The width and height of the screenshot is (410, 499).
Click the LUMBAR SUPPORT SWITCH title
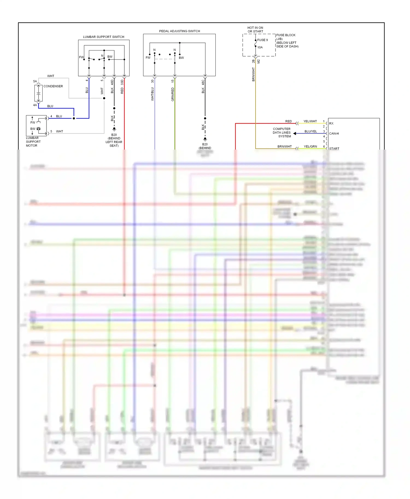click(103, 37)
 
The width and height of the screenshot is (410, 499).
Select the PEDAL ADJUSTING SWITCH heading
click(179, 31)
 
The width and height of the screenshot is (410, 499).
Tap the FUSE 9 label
click(262, 40)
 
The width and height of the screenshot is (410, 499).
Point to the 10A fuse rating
click(260, 47)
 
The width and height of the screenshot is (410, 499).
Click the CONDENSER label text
click(53, 86)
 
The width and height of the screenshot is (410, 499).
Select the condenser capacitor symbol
click(39, 93)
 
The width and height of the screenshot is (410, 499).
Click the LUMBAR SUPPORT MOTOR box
click(36, 126)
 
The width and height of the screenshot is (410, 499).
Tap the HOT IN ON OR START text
click(255, 29)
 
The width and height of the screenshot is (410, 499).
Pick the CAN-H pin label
click(334, 133)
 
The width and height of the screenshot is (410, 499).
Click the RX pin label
click(331, 123)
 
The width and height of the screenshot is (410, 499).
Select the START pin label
click(334, 148)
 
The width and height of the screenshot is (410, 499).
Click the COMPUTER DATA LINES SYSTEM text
click(282, 133)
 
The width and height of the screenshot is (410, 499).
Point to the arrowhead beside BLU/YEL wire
click(295, 133)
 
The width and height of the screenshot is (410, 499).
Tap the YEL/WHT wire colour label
click(310, 121)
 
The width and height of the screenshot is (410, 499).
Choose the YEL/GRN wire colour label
click(310, 147)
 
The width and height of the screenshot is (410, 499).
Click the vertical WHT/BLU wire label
click(153, 94)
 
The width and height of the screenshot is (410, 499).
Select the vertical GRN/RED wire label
click(172, 94)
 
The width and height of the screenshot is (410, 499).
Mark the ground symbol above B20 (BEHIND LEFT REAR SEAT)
click(114, 129)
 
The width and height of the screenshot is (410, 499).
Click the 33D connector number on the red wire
click(122, 82)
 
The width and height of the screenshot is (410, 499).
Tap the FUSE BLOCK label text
click(286, 35)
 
